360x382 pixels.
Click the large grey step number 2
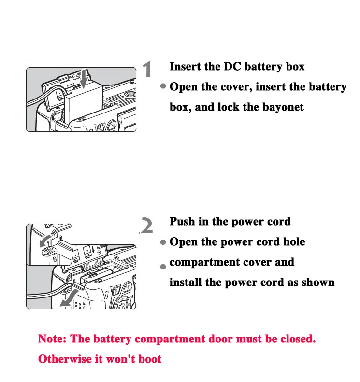(x=146, y=225)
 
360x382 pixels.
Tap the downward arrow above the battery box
(x=84, y=79)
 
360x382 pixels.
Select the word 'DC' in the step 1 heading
(x=232, y=66)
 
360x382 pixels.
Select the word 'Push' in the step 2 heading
(x=182, y=222)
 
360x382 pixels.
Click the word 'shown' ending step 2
(x=318, y=283)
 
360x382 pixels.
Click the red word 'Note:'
(x=52, y=339)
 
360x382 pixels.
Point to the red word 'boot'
(x=149, y=359)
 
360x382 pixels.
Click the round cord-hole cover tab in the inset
(x=47, y=251)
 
